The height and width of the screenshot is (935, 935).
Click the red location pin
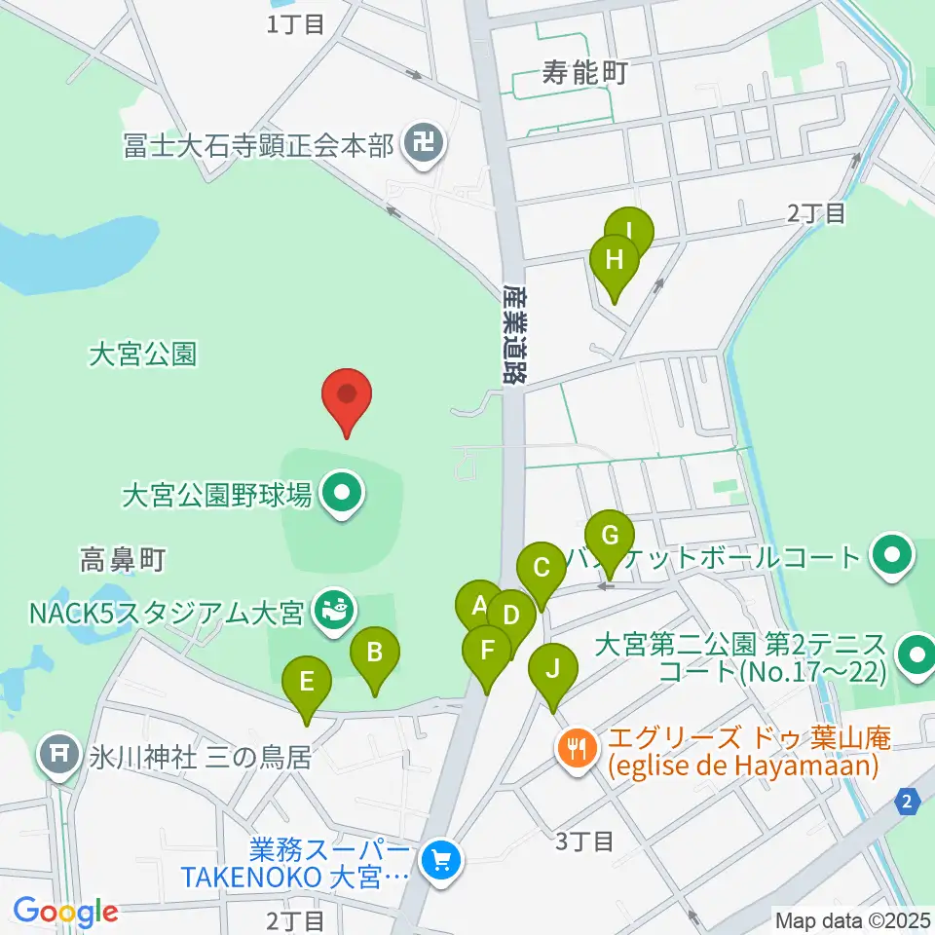348,396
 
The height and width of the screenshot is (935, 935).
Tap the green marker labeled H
615,261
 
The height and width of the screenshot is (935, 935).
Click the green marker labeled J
552,670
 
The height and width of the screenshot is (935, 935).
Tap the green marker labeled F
487,651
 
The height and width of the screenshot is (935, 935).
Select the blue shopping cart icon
442,861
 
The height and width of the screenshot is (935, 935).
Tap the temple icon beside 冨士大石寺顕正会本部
424,146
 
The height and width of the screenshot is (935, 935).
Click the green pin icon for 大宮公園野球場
340,495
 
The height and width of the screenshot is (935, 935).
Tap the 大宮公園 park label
142,355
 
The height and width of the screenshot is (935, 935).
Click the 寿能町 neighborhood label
583,71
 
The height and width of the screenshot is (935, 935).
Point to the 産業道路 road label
515,332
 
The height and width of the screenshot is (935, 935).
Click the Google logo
65,912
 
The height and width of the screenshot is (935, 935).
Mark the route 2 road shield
908,802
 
